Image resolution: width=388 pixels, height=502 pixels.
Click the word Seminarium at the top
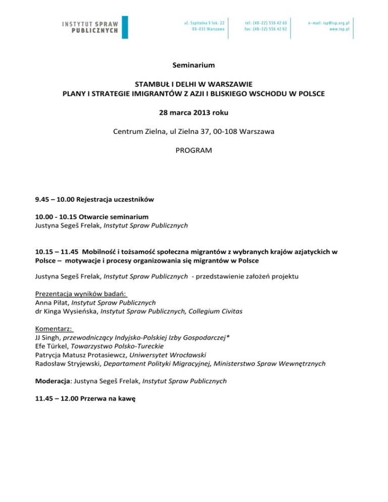194,65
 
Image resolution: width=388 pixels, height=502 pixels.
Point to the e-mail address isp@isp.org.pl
329,23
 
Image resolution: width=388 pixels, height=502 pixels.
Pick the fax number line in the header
266,29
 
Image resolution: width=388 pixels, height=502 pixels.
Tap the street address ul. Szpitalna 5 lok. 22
204,23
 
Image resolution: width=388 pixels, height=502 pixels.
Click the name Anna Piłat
52,303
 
